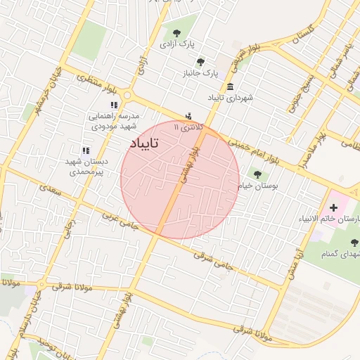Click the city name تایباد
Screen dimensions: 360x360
(x=144, y=143)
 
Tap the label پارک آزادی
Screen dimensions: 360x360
(x=176, y=44)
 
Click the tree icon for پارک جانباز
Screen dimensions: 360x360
(x=201, y=61)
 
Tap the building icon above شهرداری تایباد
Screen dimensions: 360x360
(x=230, y=86)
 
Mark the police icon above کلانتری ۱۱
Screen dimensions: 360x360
(x=188, y=116)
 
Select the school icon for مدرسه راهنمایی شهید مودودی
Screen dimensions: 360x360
(x=114, y=105)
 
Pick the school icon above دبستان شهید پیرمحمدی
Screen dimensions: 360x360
(x=85, y=150)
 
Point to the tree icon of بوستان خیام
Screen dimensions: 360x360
(x=257, y=174)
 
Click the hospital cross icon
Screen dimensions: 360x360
(x=333, y=207)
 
